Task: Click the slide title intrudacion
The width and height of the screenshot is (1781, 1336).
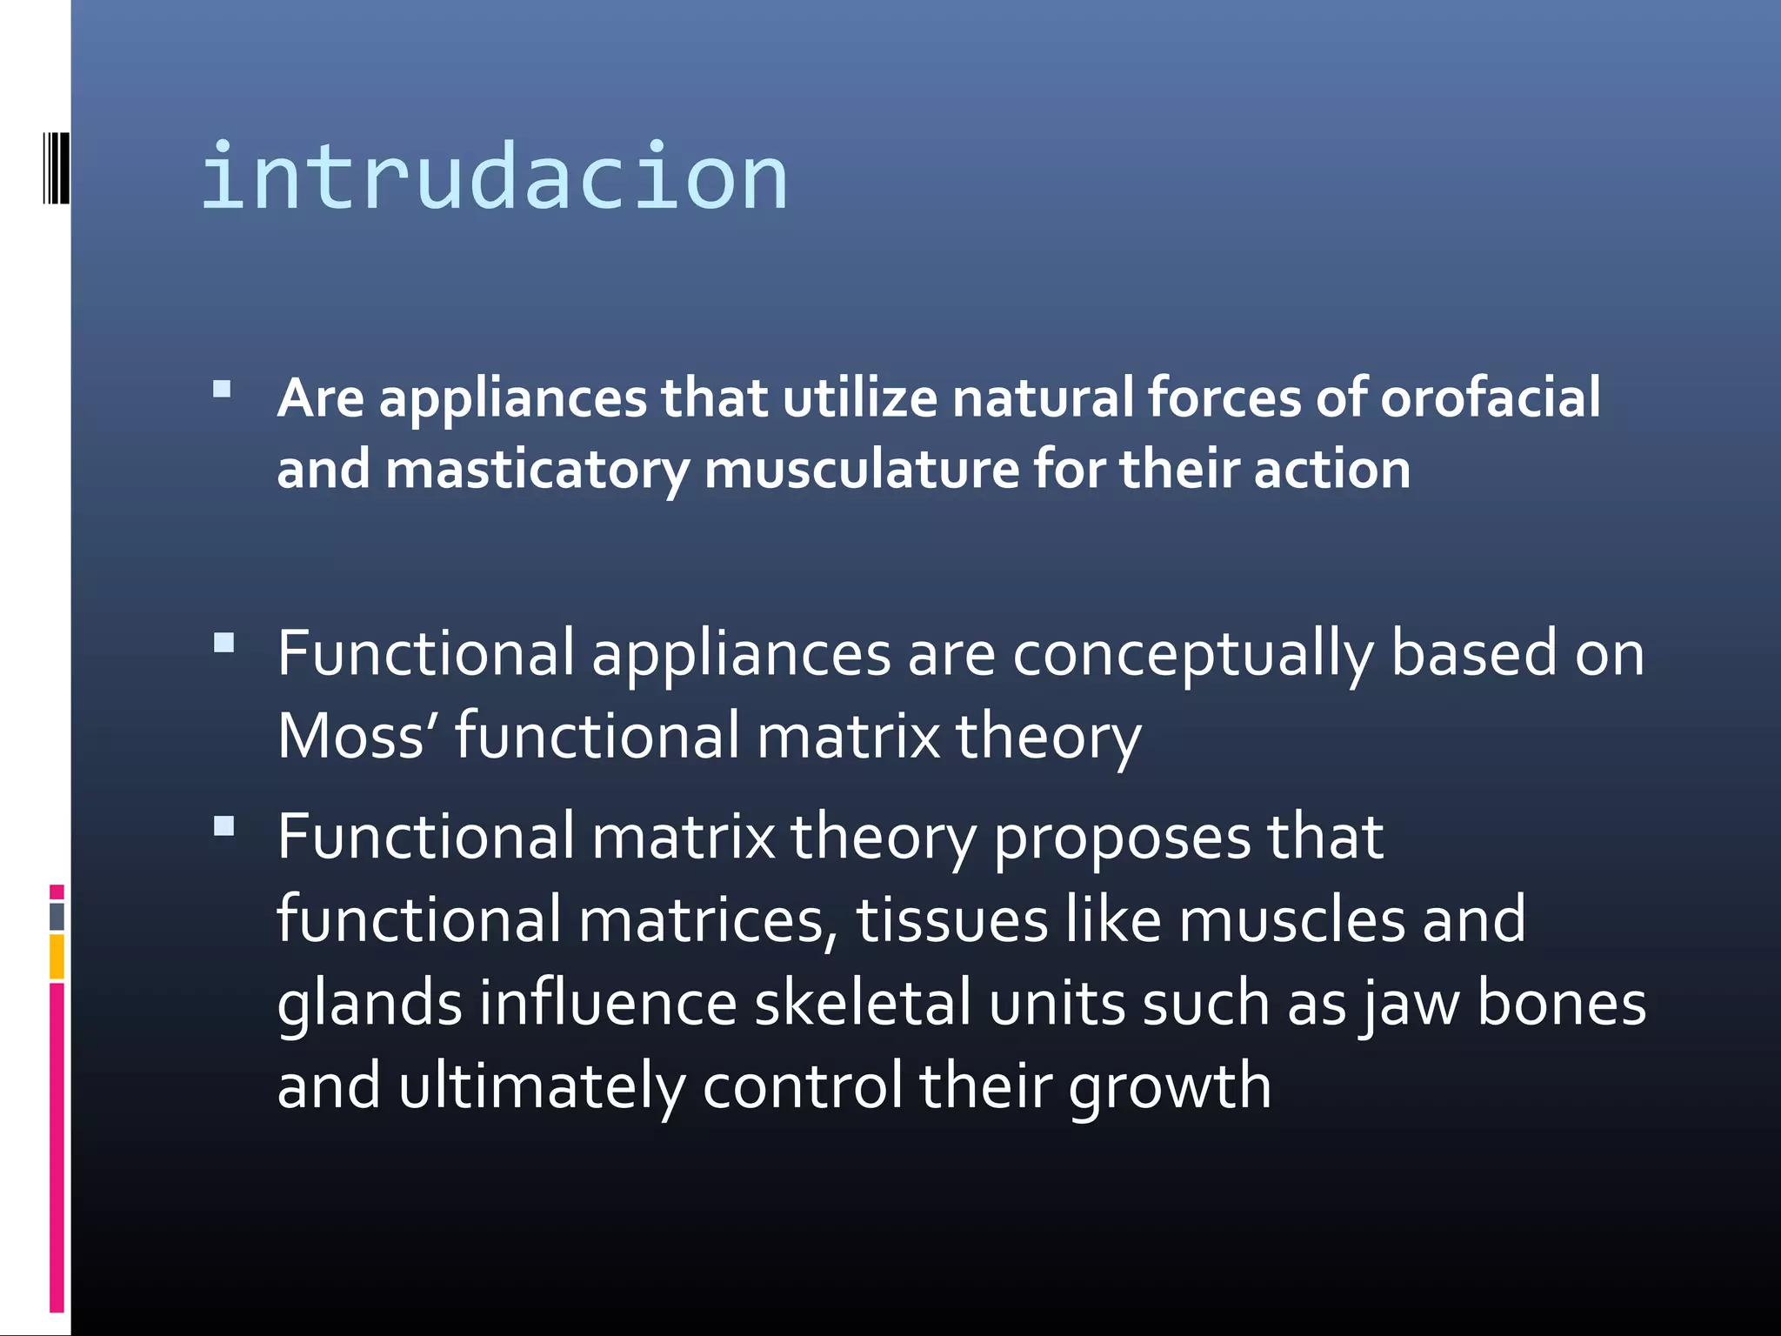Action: click(494, 178)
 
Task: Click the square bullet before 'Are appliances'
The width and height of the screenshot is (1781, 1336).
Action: click(223, 389)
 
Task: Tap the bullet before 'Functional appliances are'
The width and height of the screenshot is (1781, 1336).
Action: click(223, 644)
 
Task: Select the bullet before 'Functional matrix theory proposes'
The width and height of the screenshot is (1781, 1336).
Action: click(223, 826)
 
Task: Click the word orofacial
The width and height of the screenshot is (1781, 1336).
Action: click(1490, 397)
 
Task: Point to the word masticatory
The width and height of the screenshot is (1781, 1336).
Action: click(537, 471)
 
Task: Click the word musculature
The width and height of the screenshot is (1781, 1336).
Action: click(861, 470)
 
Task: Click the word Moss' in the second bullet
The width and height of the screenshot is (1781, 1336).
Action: click(357, 736)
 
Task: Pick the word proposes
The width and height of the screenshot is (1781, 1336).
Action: click(1121, 838)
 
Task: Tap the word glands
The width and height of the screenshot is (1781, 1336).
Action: click(369, 1004)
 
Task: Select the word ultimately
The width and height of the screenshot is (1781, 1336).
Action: click(542, 1086)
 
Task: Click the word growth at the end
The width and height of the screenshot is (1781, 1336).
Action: click(1170, 1087)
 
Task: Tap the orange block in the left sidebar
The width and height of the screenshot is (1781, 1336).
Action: click(57, 956)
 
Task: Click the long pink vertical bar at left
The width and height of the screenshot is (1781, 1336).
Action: click(57, 1148)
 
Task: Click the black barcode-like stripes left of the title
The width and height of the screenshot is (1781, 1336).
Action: click(56, 168)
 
